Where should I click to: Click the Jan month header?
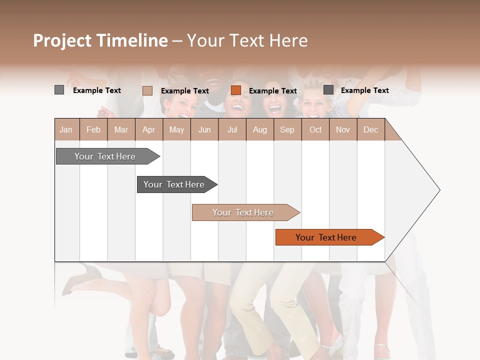[66, 130]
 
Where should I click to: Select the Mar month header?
[121, 130]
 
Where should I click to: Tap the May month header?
[176, 130]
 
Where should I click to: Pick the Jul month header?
[232, 130]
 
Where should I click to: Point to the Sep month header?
[287, 130]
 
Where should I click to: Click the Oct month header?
[315, 130]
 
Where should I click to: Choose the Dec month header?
[370, 130]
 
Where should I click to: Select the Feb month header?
[93, 130]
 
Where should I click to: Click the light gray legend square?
[59, 90]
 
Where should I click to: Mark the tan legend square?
[147, 90]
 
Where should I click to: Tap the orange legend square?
[236, 90]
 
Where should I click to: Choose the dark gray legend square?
[328, 90]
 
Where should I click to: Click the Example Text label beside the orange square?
[272, 91]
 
